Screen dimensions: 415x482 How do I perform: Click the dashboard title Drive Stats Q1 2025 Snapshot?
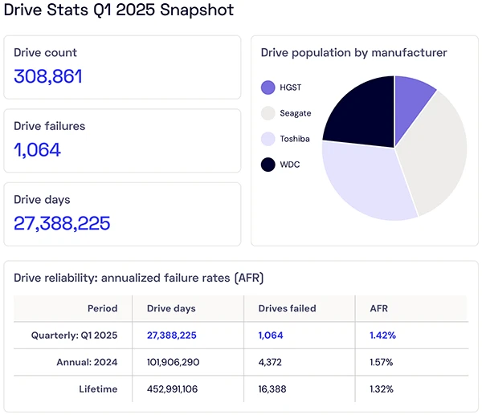119,10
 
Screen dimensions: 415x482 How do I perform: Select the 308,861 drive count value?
48,77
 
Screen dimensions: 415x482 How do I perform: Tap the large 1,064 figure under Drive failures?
38,150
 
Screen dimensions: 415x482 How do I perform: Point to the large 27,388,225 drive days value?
62,223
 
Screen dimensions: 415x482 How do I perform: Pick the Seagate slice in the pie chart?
438,153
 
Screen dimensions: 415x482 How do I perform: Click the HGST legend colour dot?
268,87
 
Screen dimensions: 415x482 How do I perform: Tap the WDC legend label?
290,165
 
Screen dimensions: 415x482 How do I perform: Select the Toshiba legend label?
294,140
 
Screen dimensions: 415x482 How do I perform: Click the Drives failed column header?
287,308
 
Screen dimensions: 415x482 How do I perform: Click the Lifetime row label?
99,389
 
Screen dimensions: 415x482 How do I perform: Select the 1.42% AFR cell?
382,336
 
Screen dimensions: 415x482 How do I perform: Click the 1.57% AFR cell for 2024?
382,362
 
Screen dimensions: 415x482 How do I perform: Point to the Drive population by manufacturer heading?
354,53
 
